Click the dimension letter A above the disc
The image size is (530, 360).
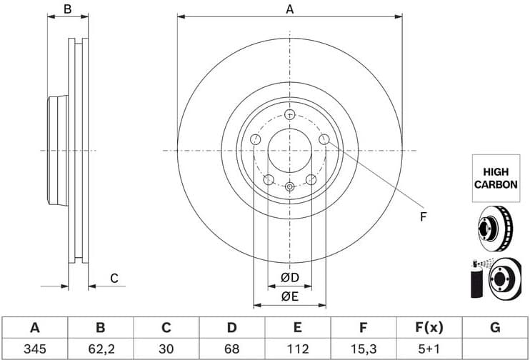click(289, 9)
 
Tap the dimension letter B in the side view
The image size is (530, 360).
click(67, 9)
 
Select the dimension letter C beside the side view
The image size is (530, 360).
click(114, 279)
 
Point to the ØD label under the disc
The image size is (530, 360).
click(289, 277)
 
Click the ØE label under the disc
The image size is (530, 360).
click(289, 296)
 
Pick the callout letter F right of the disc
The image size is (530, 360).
click(423, 216)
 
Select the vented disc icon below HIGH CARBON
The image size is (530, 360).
click(495, 226)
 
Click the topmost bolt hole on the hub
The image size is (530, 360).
click(289, 114)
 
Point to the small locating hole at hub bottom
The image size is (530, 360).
click(289, 187)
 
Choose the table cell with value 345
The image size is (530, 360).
click(34, 349)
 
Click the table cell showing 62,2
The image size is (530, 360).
click(100, 349)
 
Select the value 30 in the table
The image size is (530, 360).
click(166, 349)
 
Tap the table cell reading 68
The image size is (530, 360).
click(231, 349)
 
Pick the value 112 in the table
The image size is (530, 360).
click(297, 349)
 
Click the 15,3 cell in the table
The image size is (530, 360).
click(363, 349)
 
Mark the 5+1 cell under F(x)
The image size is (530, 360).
click(429, 349)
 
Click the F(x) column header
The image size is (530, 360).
click(429, 328)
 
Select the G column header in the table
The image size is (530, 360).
click(494, 328)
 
